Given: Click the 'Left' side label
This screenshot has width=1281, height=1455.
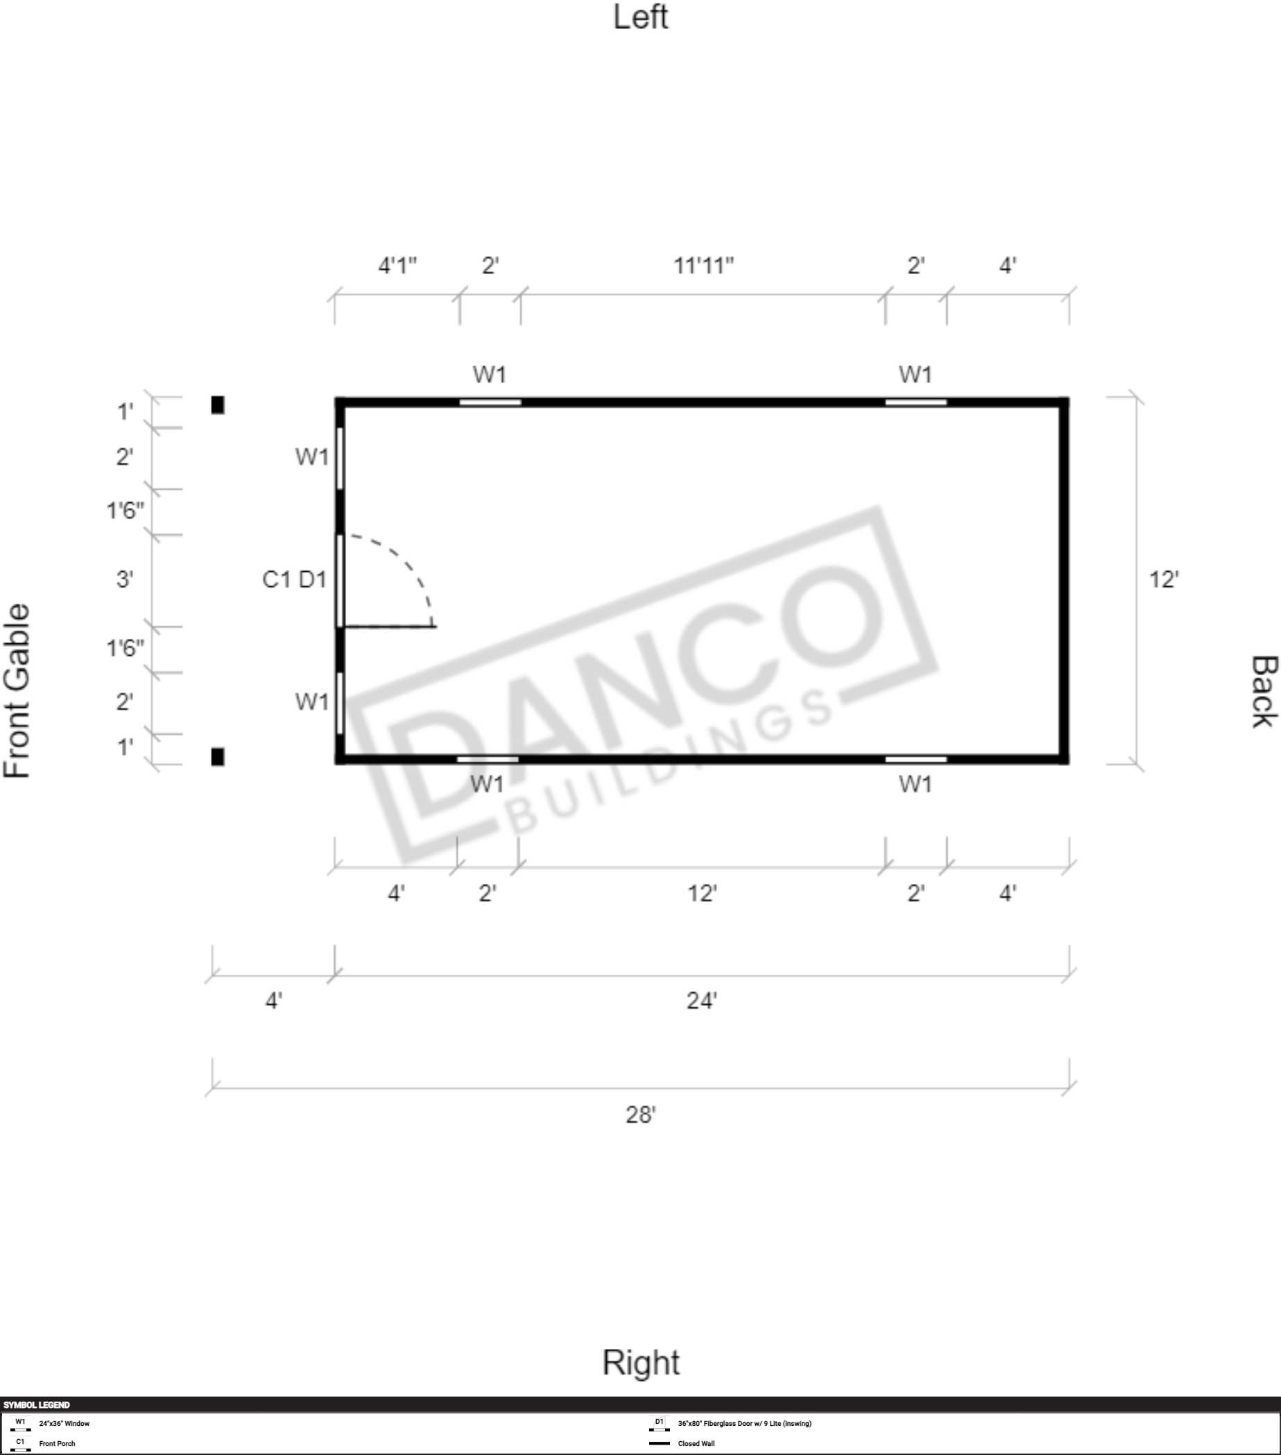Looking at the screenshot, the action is point(641,17).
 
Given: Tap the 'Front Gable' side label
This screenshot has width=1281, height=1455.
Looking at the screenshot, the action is point(17,690).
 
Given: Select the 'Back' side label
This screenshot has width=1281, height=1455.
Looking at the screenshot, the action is point(1264,692).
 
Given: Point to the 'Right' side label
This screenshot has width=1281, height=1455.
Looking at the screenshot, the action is point(641,1363).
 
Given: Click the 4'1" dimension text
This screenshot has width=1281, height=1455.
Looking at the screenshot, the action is point(397,266).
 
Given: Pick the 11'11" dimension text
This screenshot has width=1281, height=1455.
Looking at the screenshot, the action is point(703,266).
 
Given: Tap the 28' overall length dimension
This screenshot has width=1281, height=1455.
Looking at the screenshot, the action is point(641,1114).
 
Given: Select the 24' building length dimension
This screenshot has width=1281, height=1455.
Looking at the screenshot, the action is point(702,1001).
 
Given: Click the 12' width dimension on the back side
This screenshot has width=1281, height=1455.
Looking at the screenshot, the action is point(1164,579).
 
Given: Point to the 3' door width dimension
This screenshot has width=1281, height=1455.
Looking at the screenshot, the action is point(125,579).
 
